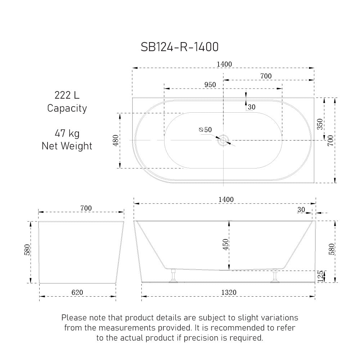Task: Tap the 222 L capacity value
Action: click(67, 95)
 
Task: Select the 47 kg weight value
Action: click(67, 134)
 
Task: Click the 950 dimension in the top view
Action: click(210, 85)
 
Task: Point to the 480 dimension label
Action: click(115, 140)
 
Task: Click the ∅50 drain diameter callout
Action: click(205, 130)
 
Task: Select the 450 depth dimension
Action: click(226, 245)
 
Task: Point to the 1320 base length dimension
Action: click(229, 292)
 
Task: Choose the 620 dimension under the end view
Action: click(77, 292)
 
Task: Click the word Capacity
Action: click(67, 108)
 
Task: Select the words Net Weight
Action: click(67, 146)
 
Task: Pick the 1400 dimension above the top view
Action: click(224, 64)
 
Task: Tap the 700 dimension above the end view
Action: click(86, 208)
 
